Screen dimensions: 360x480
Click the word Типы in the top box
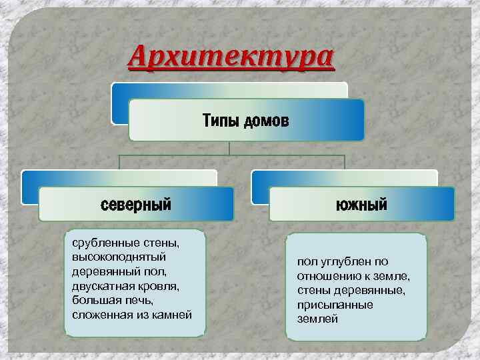click(221, 122)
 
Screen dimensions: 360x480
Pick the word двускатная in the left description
click(99, 286)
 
